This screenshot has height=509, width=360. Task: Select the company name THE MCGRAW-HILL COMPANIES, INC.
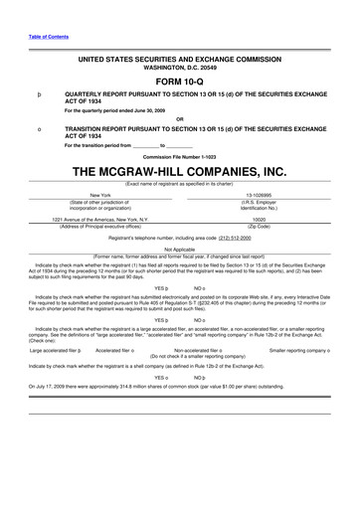click(x=180, y=171)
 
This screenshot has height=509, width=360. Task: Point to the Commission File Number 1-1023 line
click(x=180, y=156)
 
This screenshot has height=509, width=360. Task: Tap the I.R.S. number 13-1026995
click(x=259, y=195)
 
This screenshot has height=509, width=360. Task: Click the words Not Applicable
click(x=180, y=250)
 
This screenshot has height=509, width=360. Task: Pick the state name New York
click(x=100, y=195)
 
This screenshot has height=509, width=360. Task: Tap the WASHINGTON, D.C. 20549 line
click(x=180, y=68)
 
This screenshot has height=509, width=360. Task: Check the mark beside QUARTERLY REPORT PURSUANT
click(x=37, y=95)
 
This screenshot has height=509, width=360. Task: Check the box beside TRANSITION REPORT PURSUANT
click(x=37, y=129)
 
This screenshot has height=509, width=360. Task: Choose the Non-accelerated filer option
click(x=202, y=351)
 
